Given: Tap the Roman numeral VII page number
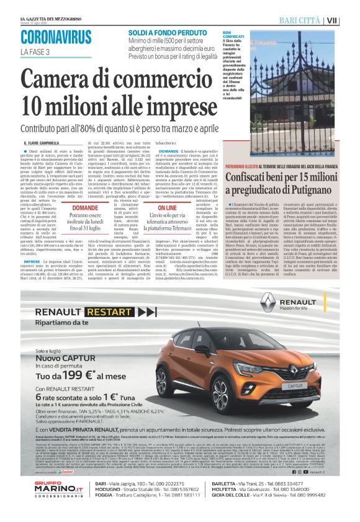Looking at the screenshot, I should pos(349,20).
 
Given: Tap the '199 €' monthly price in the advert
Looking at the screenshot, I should pos(80,376).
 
